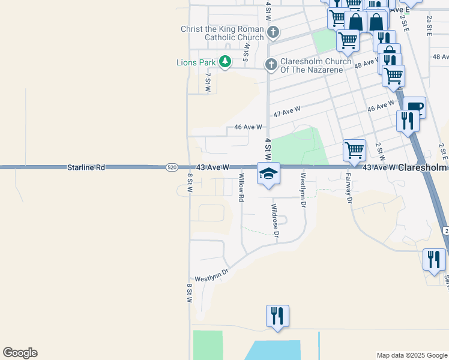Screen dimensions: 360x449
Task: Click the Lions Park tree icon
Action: (x=225, y=62)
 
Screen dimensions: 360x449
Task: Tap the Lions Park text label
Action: (x=196, y=62)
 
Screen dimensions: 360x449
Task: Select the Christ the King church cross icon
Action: (x=273, y=31)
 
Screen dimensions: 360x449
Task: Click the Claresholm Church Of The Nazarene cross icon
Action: (x=271, y=64)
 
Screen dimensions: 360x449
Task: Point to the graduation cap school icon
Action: (x=268, y=174)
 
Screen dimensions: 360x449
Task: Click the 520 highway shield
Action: (x=172, y=167)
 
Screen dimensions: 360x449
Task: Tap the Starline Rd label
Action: (x=86, y=167)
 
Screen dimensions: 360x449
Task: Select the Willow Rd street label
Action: (x=242, y=187)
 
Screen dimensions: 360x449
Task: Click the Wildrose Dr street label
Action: (x=275, y=221)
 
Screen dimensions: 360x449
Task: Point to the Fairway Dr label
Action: (x=349, y=188)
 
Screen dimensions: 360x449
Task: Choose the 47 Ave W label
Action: (x=286, y=112)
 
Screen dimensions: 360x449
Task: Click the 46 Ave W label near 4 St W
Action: (x=248, y=127)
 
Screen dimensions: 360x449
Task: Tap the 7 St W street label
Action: (x=208, y=82)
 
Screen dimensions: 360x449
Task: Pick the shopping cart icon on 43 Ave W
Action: (x=354, y=150)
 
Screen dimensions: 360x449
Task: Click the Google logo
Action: (x=20, y=353)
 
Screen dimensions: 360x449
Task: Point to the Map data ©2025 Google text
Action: (x=411, y=355)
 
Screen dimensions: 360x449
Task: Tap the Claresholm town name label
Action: (x=423, y=167)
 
